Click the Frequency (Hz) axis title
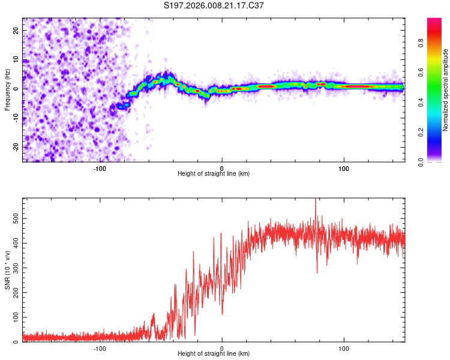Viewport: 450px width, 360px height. pos(7,90)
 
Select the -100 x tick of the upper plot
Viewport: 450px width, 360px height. pos(100,169)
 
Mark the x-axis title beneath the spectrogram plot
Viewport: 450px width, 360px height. pos(214,174)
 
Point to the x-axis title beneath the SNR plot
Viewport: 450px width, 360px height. pos(214,354)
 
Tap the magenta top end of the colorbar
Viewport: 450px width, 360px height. pos(434,21)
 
